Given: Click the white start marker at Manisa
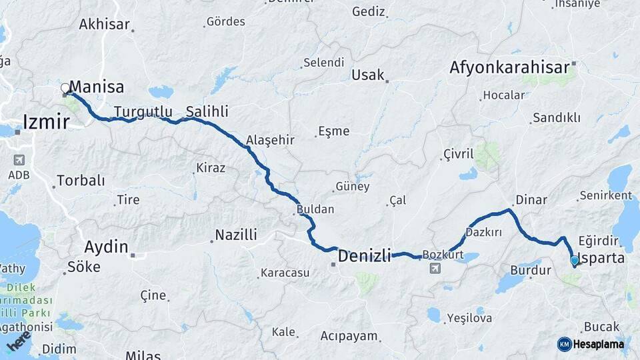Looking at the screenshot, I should coord(65,88).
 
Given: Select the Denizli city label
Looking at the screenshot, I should coord(364,256).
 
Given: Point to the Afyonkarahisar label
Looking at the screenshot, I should coord(509,67).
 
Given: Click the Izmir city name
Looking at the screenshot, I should coord(46,122).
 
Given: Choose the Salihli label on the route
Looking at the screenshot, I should coord(207,111).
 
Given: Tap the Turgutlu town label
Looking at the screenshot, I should coord(143,111).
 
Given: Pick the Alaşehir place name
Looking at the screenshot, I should coord(270,140).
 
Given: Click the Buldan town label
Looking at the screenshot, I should coord(315,209).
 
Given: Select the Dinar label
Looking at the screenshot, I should coord(531,200).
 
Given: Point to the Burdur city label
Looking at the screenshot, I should coord(530,271).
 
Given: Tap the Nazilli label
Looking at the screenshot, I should coord(235,235).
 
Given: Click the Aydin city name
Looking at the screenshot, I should coord(106,247).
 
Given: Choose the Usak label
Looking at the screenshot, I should coord(368,75).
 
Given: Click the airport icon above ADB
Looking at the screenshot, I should coord(18,160).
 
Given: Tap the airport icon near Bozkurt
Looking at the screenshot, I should coord(435,268).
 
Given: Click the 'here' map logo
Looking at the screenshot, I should coord(18,341).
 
